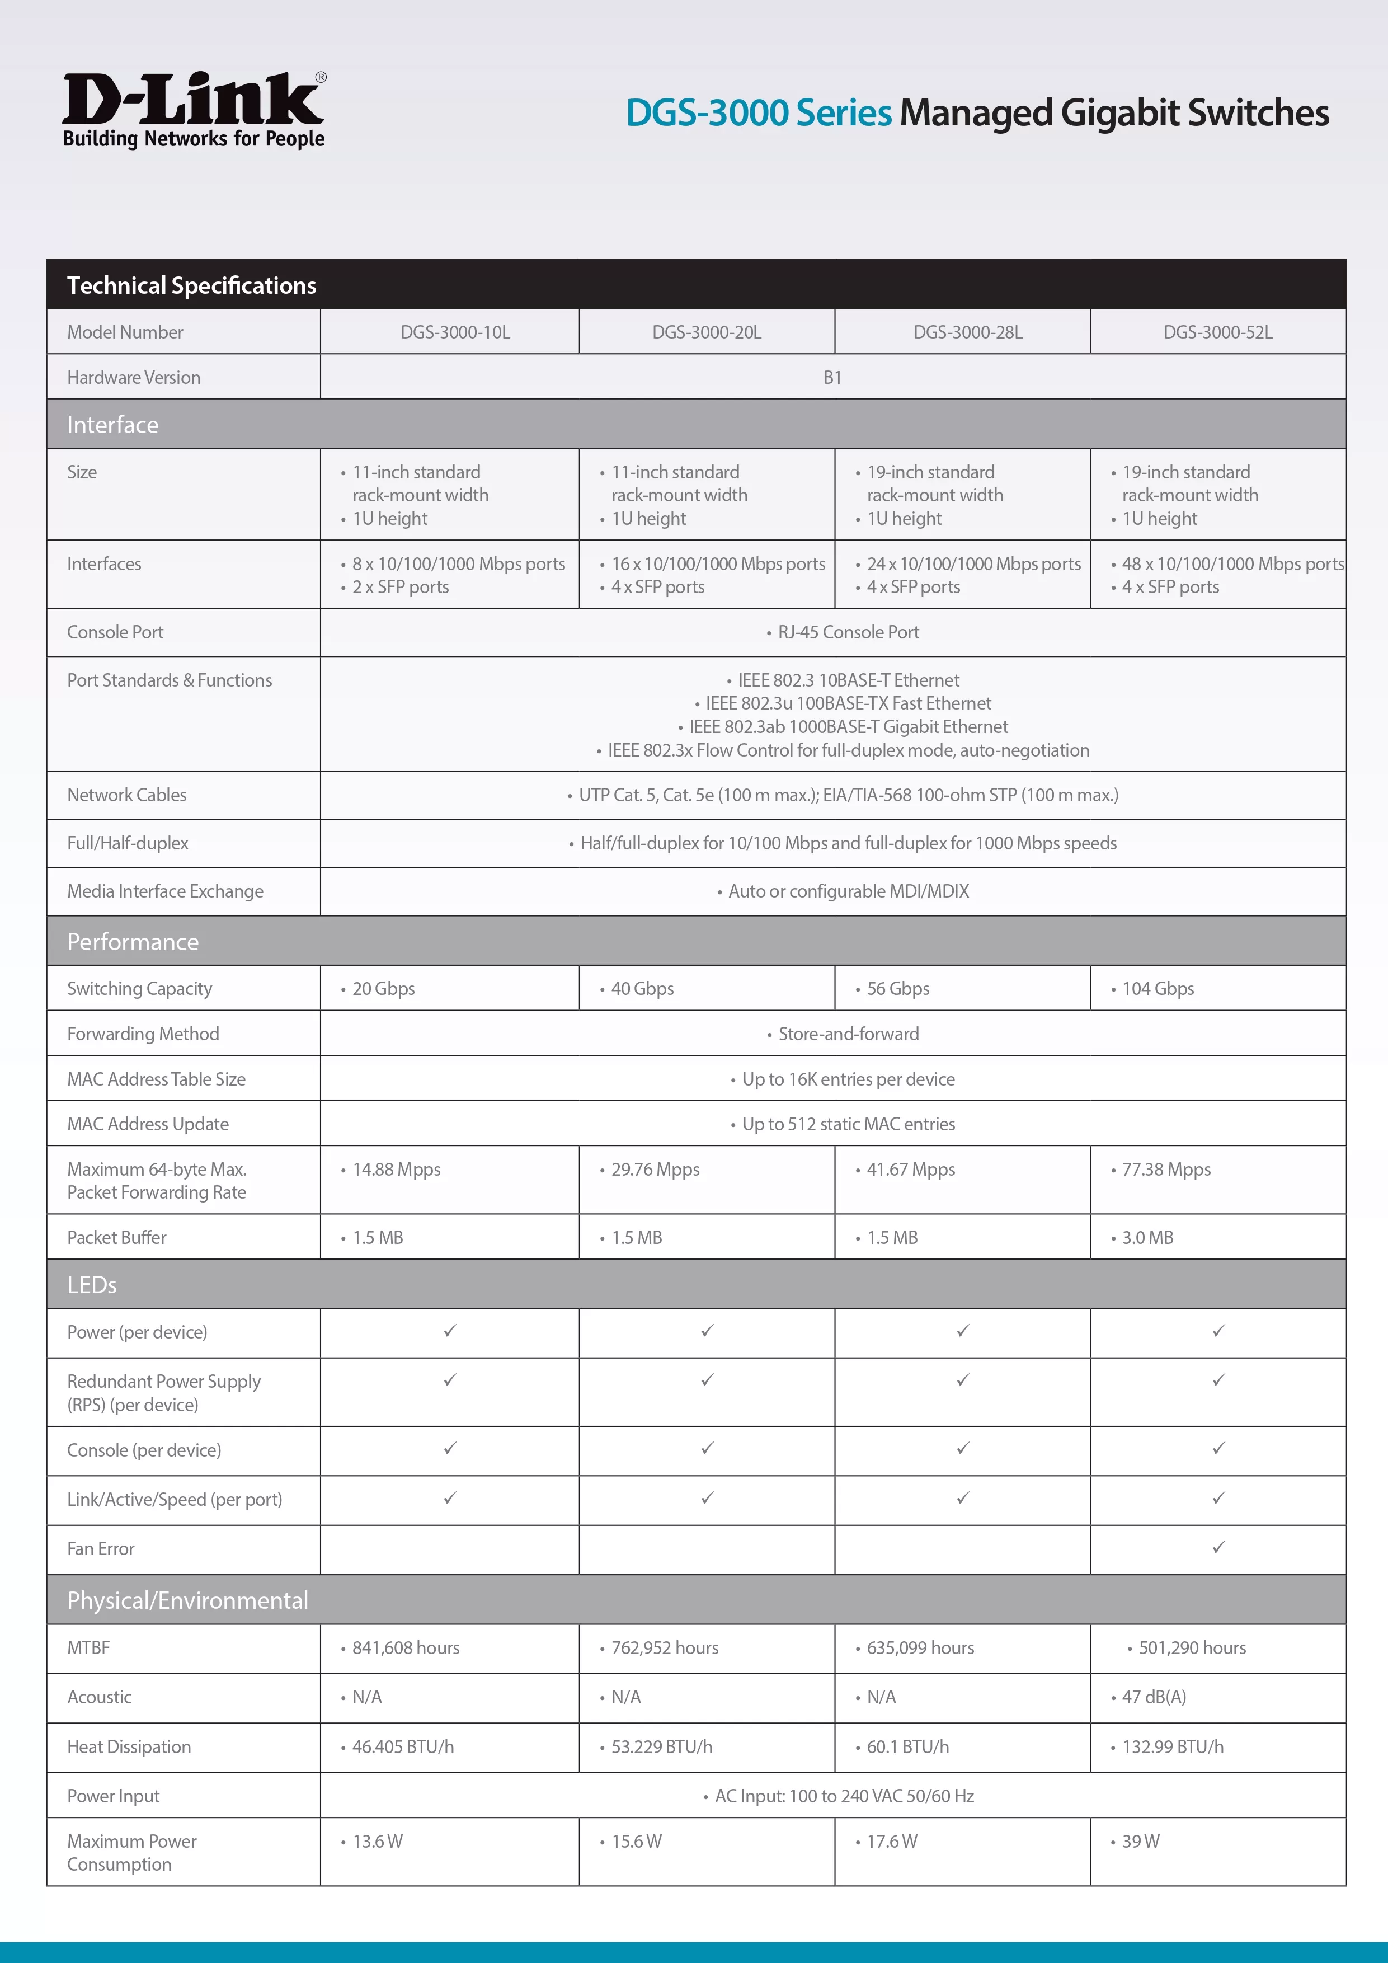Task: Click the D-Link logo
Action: pyautogui.click(x=194, y=110)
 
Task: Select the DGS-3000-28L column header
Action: pyautogui.click(x=967, y=332)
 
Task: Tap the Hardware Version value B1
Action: pyautogui.click(x=832, y=378)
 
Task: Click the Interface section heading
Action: pyautogui.click(x=113, y=425)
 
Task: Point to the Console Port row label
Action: pyautogui.click(x=115, y=633)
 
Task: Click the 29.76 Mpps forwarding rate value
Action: pyautogui.click(x=655, y=1170)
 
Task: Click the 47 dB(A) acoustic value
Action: pyautogui.click(x=1154, y=1697)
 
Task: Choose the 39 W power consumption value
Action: pyautogui.click(x=1140, y=1842)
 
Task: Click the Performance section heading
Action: pyautogui.click(x=133, y=942)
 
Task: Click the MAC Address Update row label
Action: pyautogui.click(x=148, y=1124)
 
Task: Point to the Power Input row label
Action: pyautogui.click(x=114, y=1796)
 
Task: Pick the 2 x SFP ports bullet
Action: pyautogui.click(x=400, y=588)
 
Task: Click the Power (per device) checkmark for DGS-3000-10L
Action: pyautogui.click(x=450, y=1331)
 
